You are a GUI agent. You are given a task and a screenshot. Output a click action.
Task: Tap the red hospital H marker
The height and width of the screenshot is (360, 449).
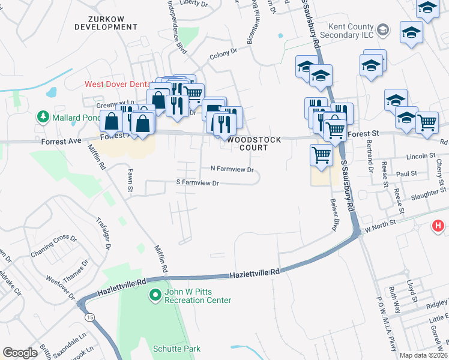coord(439,226)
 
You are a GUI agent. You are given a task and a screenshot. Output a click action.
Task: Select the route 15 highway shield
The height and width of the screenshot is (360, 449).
coord(89,316)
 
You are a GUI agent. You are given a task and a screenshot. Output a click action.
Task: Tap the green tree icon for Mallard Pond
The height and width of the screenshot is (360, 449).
coord(43,116)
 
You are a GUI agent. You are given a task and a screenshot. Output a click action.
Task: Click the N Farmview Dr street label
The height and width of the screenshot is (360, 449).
coord(232,170)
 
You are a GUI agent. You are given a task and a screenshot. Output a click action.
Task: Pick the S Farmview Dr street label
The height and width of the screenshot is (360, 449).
coord(197,182)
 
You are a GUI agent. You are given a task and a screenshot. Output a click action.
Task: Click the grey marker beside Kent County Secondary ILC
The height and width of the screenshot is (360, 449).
coord(382,28)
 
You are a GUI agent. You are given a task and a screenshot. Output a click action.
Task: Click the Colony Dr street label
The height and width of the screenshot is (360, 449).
coord(220,56)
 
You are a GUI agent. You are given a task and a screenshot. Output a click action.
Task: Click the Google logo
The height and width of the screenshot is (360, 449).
coord(20,353)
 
